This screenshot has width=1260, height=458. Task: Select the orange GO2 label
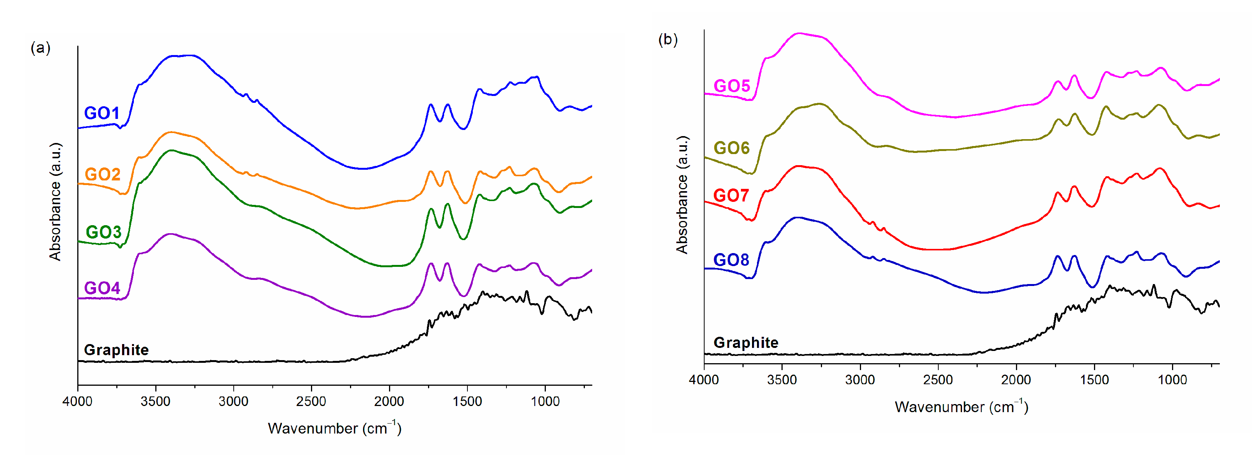click(x=102, y=174)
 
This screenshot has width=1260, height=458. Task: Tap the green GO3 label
click(x=103, y=232)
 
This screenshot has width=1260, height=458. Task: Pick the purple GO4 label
click(x=102, y=288)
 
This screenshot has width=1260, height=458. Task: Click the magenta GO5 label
click(x=731, y=86)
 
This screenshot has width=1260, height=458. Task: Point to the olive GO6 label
click(x=731, y=148)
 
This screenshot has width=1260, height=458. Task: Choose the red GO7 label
click(x=731, y=195)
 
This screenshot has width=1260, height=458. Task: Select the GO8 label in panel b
click(x=731, y=260)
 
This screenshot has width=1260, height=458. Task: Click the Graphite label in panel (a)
click(x=116, y=350)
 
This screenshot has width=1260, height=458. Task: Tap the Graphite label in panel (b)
click(x=746, y=343)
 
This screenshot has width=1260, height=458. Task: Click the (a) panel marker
click(x=40, y=48)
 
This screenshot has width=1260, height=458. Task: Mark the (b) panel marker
click(x=667, y=40)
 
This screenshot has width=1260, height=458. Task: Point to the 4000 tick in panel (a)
click(x=77, y=402)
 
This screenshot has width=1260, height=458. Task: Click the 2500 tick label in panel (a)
click(x=311, y=402)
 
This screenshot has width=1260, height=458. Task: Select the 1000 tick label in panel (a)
click(x=545, y=402)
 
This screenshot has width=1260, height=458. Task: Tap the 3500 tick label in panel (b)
click(x=781, y=380)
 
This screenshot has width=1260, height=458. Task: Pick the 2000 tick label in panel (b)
click(x=1016, y=380)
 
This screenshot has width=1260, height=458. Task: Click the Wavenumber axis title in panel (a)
click(x=335, y=428)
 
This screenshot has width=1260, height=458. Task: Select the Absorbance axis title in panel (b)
click(x=682, y=195)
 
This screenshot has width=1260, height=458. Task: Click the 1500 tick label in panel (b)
click(x=1094, y=380)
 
